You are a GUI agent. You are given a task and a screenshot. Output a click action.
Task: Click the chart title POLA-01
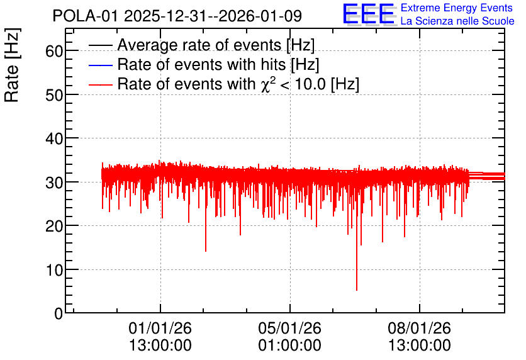tap(86, 16)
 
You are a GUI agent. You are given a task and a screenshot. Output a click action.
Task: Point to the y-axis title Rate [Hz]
tap(12, 65)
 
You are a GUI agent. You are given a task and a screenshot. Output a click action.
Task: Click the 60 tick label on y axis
tap(54, 51)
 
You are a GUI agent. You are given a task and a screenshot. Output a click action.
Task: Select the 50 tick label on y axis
tap(54, 95)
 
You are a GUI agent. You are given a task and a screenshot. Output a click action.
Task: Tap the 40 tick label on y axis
tap(54, 138)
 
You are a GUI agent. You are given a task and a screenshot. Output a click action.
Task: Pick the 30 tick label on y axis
tap(54, 183)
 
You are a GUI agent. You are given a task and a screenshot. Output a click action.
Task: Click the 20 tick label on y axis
tap(54, 227)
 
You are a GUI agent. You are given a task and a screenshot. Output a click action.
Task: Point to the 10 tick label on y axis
tap(54, 270)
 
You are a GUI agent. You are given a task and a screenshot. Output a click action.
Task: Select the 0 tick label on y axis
tap(59, 314)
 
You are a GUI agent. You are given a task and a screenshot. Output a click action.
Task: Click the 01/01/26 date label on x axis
tap(160, 328)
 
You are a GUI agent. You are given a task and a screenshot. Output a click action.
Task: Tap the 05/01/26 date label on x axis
tap(290, 328)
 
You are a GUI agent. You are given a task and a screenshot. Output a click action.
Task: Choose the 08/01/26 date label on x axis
tap(419, 328)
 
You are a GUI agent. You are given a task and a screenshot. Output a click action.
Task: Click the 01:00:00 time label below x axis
tap(290, 346)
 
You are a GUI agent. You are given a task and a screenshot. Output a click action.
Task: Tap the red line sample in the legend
tap(100, 84)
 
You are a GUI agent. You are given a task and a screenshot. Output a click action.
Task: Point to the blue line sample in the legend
tap(100, 65)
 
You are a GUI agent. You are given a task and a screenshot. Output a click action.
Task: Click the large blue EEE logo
tap(368, 14)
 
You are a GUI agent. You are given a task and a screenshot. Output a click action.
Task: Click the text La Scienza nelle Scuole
tap(457, 21)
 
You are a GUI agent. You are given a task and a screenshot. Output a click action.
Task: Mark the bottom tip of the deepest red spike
tap(357, 291)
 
